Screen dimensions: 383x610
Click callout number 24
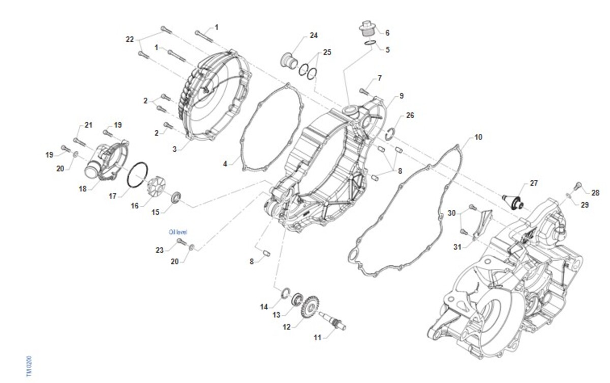coord(314,36)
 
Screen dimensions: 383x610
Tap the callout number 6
coord(387,33)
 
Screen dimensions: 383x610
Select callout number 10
coord(478,138)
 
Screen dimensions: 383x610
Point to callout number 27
coord(533,183)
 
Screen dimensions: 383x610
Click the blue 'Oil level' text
coord(178,232)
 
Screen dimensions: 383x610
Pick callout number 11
coord(318,338)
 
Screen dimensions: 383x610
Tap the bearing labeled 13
coord(295,298)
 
